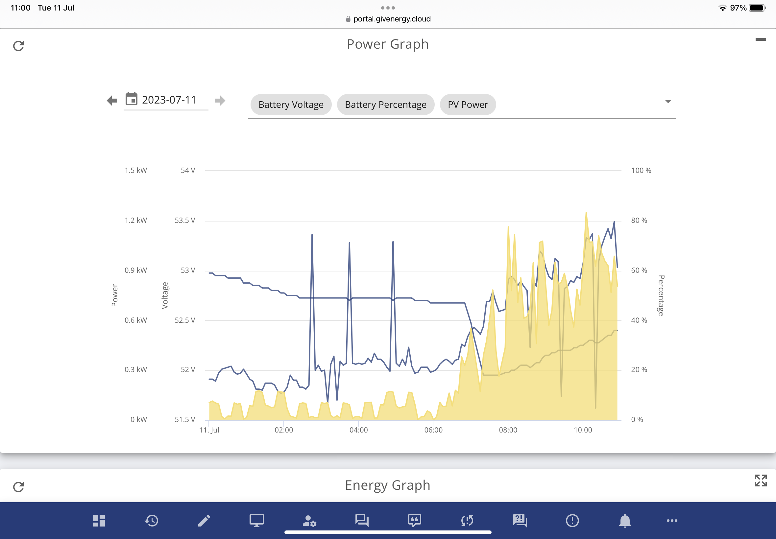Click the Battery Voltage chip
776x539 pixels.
pyautogui.click(x=291, y=105)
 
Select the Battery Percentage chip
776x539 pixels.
pyautogui.click(x=385, y=105)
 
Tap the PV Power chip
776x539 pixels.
pyautogui.click(x=468, y=105)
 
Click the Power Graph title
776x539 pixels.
pyautogui.click(x=388, y=44)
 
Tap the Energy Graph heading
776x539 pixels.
pyautogui.click(x=388, y=485)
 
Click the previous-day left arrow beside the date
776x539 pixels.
pyautogui.click(x=112, y=100)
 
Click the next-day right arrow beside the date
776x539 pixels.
pyautogui.click(x=220, y=100)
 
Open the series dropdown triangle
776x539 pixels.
pyautogui.click(x=668, y=101)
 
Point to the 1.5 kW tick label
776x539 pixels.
pyautogui.click(x=136, y=170)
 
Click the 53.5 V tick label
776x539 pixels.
pyautogui.click(x=185, y=220)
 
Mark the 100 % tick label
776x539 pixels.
pyautogui.click(x=641, y=170)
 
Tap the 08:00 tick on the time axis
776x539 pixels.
pyautogui.click(x=508, y=430)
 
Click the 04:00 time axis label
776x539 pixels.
pyautogui.click(x=358, y=430)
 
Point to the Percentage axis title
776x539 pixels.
pyautogui.click(x=661, y=295)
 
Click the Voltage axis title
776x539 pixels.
pyautogui.click(x=164, y=295)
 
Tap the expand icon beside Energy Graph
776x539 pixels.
pyautogui.click(x=761, y=480)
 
